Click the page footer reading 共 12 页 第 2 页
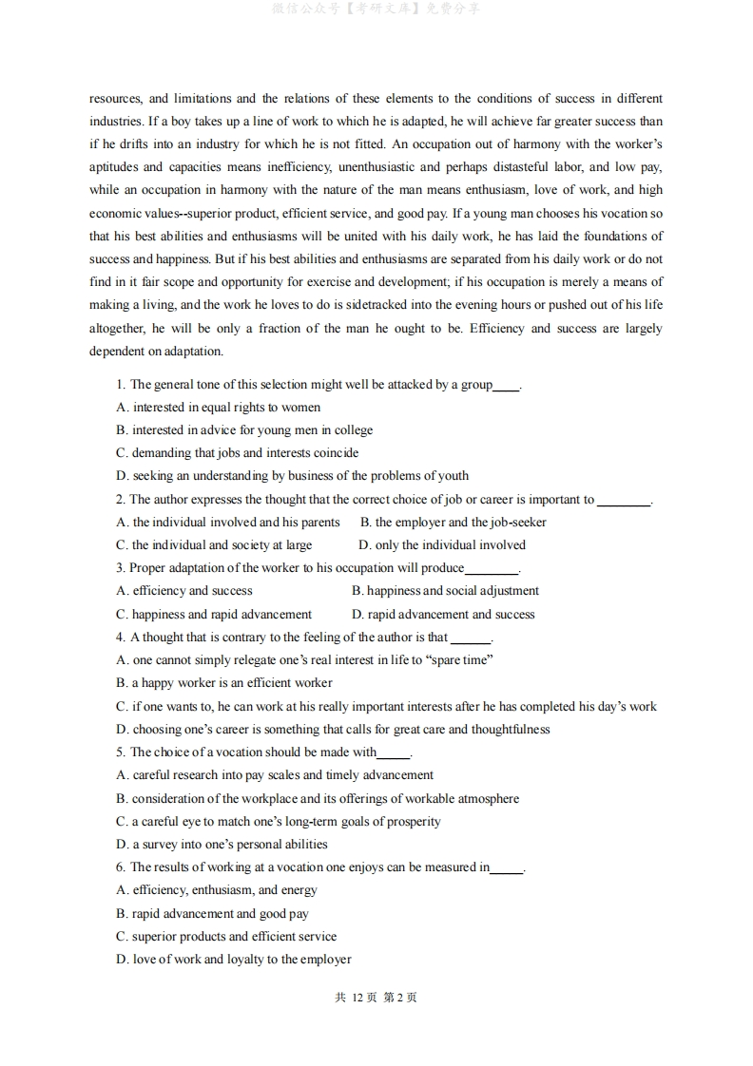(x=376, y=998)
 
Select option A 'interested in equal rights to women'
(x=218, y=408)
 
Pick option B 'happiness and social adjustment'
(x=445, y=591)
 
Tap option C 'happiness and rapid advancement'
(x=214, y=615)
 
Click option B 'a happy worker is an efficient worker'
(x=224, y=683)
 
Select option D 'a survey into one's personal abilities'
(x=222, y=845)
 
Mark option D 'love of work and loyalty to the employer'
(x=234, y=960)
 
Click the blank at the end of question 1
(x=506, y=386)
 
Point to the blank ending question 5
(x=394, y=753)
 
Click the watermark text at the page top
(x=376, y=9)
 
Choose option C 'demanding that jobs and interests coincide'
(x=237, y=453)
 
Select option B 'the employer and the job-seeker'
(x=454, y=523)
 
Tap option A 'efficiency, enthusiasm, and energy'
(x=217, y=890)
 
